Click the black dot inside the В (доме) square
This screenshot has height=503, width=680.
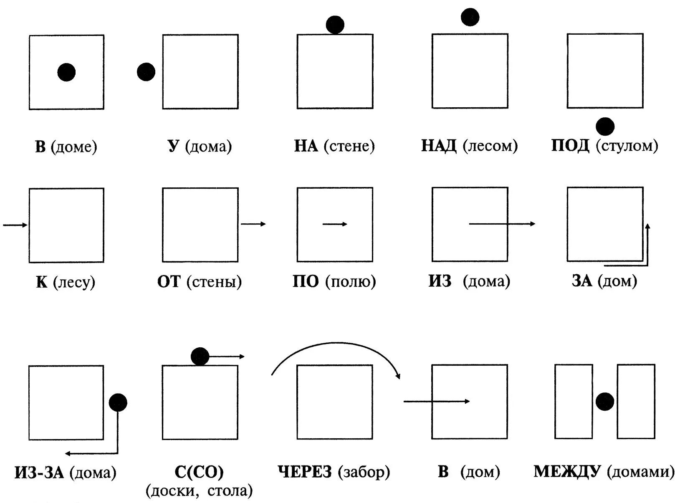point(66,72)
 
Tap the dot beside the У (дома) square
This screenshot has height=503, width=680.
point(146,72)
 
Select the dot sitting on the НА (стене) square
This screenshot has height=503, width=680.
point(335,25)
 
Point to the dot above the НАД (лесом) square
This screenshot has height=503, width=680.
point(470,17)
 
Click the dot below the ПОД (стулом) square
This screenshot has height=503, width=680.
point(605,126)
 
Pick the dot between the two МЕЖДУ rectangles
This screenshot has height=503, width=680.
point(604,402)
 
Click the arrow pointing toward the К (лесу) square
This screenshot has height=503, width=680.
point(15,225)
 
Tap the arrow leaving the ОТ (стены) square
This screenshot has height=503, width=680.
point(253,224)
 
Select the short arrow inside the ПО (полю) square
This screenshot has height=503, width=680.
point(335,224)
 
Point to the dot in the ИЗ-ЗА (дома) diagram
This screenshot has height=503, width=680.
point(118,402)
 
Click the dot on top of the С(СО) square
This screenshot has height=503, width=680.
point(200,356)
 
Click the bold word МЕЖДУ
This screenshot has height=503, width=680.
point(567,471)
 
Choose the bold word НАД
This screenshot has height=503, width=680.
point(438,146)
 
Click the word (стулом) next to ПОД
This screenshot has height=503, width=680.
point(627,146)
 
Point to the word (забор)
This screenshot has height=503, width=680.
point(364,472)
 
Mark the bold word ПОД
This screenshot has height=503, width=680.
point(570,146)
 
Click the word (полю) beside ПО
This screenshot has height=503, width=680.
point(351,282)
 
